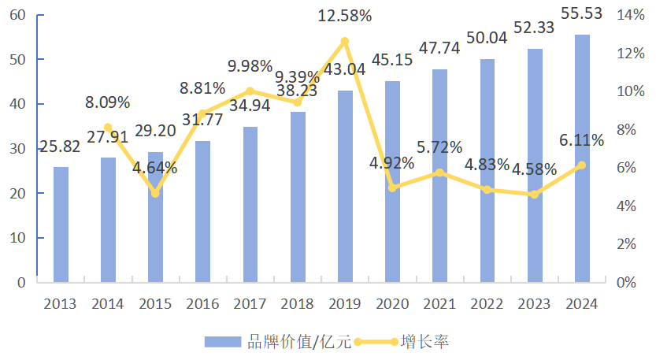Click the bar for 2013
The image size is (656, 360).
tap(61, 225)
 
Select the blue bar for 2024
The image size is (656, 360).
tap(582, 158)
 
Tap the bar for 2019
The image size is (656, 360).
tap(345, 186)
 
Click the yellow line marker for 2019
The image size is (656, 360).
tap(345, 41)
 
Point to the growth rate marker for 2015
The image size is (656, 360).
tap(155, 193)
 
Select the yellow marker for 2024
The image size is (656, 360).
tap(582, 165)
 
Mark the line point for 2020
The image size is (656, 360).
tap(392, 187)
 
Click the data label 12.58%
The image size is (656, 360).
tap(345, 15)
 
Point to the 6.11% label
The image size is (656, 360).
tap(582, 140)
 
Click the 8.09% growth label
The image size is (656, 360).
tap(108, 102)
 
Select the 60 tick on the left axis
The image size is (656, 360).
tap(17, 15)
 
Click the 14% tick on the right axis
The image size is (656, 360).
tap(629, 15)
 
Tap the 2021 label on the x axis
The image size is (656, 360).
tap(439, 304)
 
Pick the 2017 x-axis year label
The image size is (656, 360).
tap(250, 304)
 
